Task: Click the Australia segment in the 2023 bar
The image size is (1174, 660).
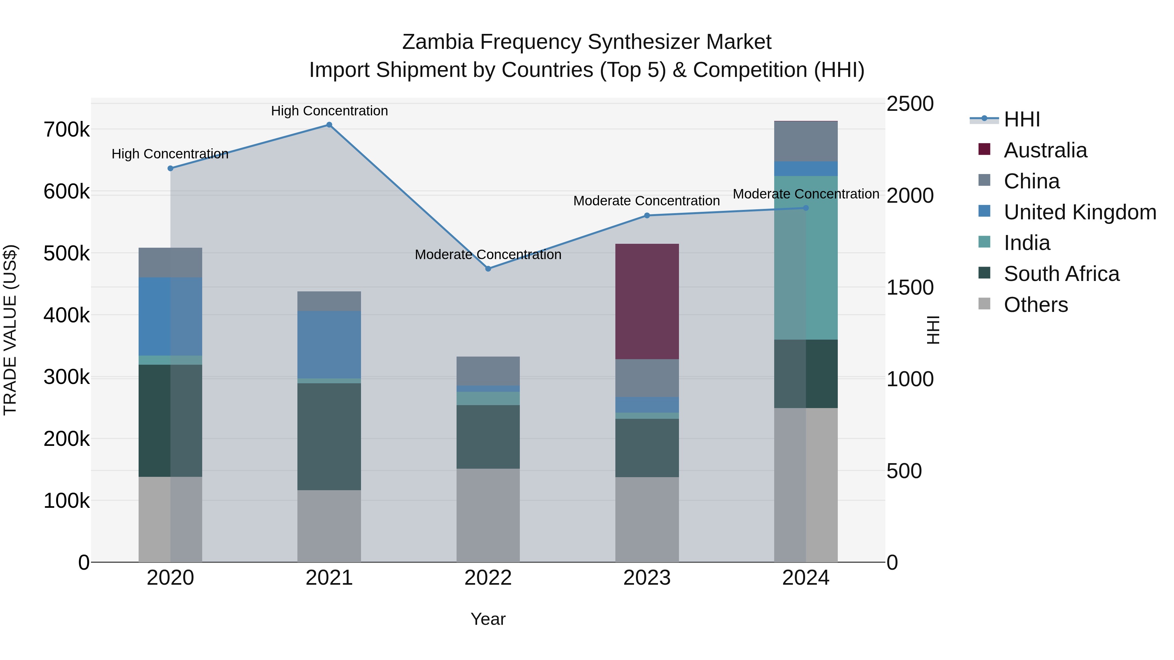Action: pos(647,301)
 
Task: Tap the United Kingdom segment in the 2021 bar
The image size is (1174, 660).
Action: pos(329,345)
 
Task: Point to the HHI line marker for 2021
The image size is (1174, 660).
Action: pos(329,125)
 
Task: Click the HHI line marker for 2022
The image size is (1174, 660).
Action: pos(488,269)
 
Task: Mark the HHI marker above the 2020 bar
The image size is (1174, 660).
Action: pos(171,168)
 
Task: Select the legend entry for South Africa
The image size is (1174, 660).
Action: pos(1061,274)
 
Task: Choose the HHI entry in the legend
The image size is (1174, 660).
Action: pos(1021,119)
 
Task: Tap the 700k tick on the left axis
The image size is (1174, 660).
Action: pos(67,130)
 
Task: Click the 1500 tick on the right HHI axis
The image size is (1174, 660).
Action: pos(909,287)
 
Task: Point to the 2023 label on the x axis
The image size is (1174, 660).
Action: pos(647,578)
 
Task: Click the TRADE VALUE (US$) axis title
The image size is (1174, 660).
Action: pos(10,330)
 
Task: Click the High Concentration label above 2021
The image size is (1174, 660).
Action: pos(329,111)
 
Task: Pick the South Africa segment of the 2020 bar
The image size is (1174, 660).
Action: pos(171,420)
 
